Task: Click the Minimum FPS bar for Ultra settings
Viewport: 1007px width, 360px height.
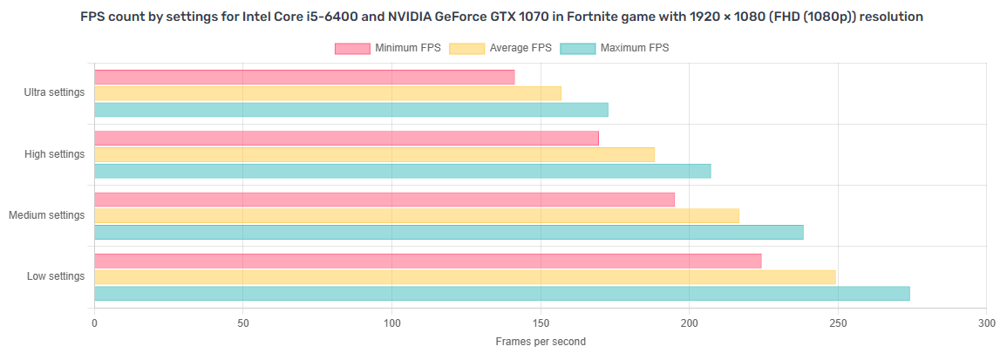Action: pos(304,77)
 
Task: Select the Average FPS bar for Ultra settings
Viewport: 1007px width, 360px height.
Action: pos(327,93)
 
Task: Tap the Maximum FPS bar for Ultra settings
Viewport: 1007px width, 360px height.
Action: pos(350,110)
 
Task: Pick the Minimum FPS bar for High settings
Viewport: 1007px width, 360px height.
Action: pos(346,138)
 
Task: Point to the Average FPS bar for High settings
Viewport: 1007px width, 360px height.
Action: pos(374,154)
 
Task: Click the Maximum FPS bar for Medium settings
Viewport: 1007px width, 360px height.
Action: pos(448,232)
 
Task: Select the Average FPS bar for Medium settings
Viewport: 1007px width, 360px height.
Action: pos(416,215)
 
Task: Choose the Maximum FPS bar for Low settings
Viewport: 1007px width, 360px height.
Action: pos(501,294)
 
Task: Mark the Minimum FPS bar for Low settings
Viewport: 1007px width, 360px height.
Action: pos(427,261)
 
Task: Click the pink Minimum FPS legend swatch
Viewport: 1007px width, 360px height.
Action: pos(352,48)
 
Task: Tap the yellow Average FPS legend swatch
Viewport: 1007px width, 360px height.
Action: pos(466,48)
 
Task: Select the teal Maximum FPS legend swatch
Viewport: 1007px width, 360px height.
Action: pos(577,48)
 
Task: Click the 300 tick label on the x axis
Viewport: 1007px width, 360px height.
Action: pos(986,323)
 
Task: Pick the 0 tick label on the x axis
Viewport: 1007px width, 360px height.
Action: pos(94,323)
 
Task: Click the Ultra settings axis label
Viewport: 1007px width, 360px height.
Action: pos(54,92)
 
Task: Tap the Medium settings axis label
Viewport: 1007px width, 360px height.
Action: pos(46,215)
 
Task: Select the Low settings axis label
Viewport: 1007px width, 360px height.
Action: pos(56,276)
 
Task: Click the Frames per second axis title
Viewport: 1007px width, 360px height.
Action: pos(541,342)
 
